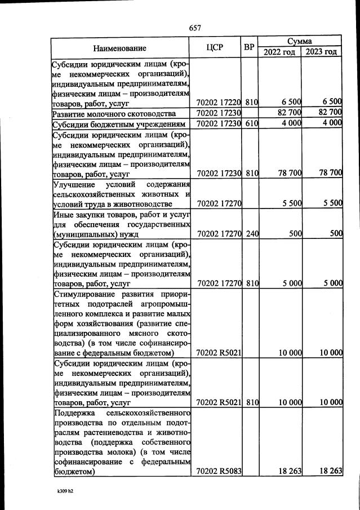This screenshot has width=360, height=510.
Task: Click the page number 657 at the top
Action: (195, 28)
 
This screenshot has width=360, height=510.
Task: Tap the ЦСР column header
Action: (216, 47)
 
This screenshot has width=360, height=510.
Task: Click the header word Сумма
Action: (300, 42)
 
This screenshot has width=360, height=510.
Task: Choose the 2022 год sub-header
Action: (279, 52)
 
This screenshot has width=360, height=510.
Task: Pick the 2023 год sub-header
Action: (322, 52)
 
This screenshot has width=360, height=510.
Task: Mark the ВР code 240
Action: (251, 233)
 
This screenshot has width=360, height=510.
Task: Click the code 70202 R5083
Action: (219, 471)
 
